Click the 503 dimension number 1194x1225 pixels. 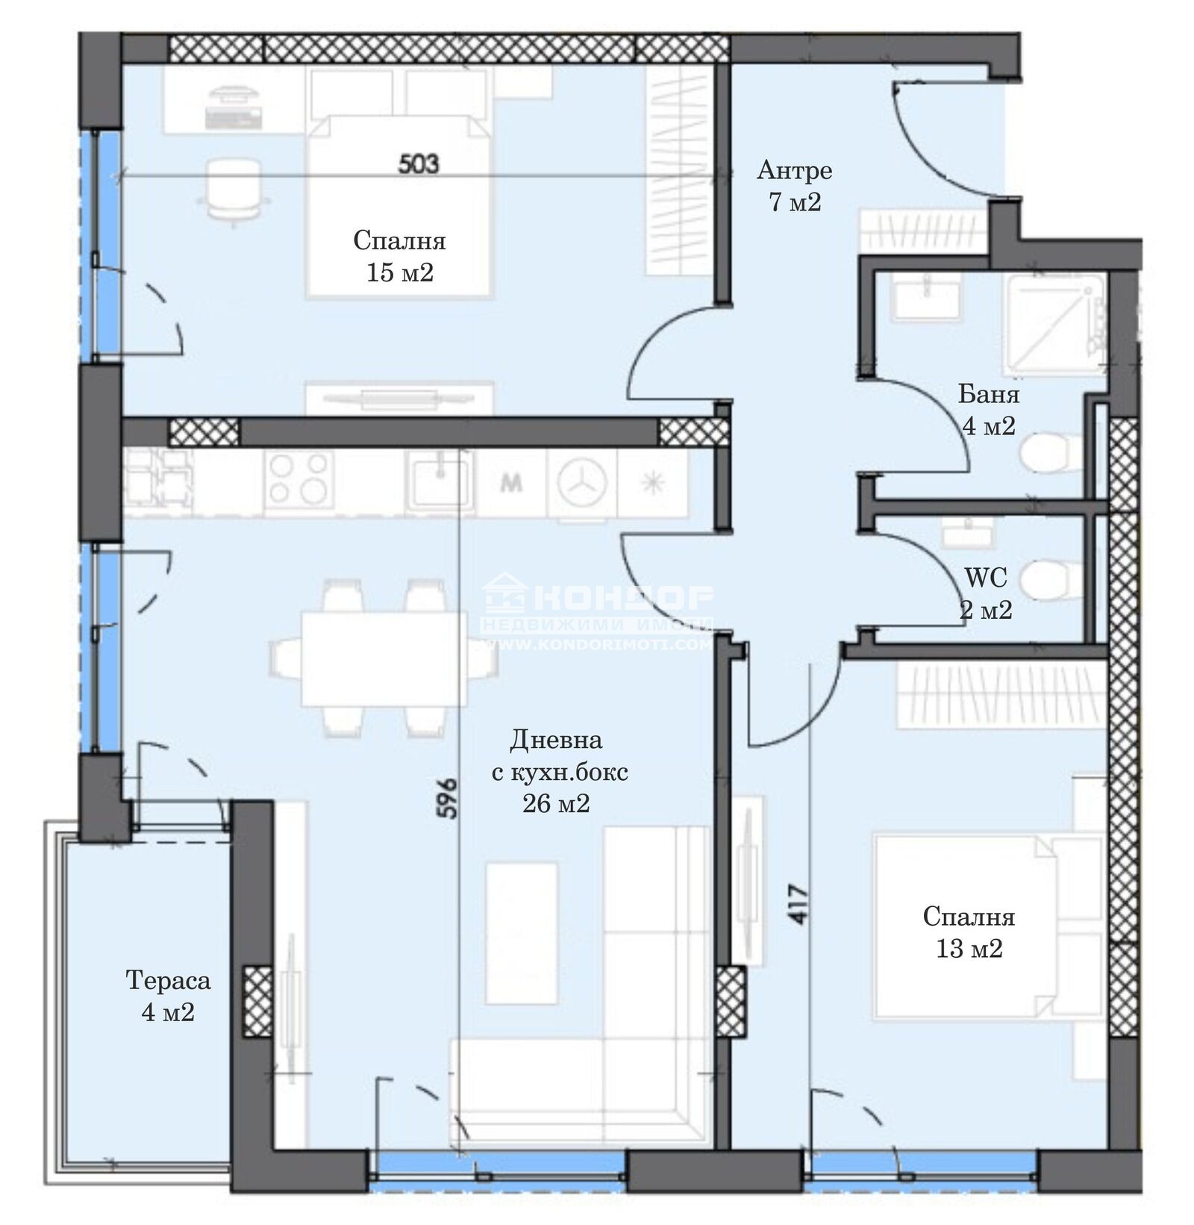pos(418,164)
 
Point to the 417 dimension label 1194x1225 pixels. pos(798,905)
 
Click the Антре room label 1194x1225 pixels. pos(794,171)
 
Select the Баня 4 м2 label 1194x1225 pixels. pos(987,409)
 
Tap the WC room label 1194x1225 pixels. pos(985,577)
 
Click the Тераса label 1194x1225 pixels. pos(168,980)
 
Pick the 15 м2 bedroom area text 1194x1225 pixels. pos(399,273)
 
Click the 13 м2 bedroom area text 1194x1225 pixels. pos(969,949)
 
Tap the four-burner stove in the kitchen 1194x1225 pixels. pos(300,479)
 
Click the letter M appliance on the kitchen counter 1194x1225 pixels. pos(510,484)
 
